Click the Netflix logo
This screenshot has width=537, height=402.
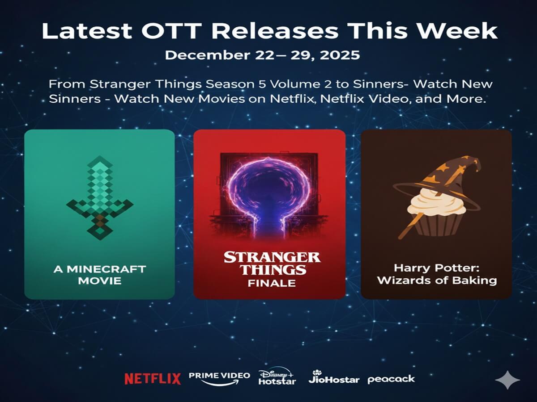[x=153, y=379]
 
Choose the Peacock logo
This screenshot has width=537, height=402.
[x=391, y=379]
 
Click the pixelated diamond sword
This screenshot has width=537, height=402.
[x=99, y=197]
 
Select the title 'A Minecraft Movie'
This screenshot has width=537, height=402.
[x=99, y=275]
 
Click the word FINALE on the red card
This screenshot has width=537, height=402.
[x=272, y=283]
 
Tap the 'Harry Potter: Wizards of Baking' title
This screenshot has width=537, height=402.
[x=436, y=274]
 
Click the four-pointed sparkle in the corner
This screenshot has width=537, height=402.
[x=507, y=381]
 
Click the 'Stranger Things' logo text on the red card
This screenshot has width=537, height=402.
[x=272, y=263]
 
